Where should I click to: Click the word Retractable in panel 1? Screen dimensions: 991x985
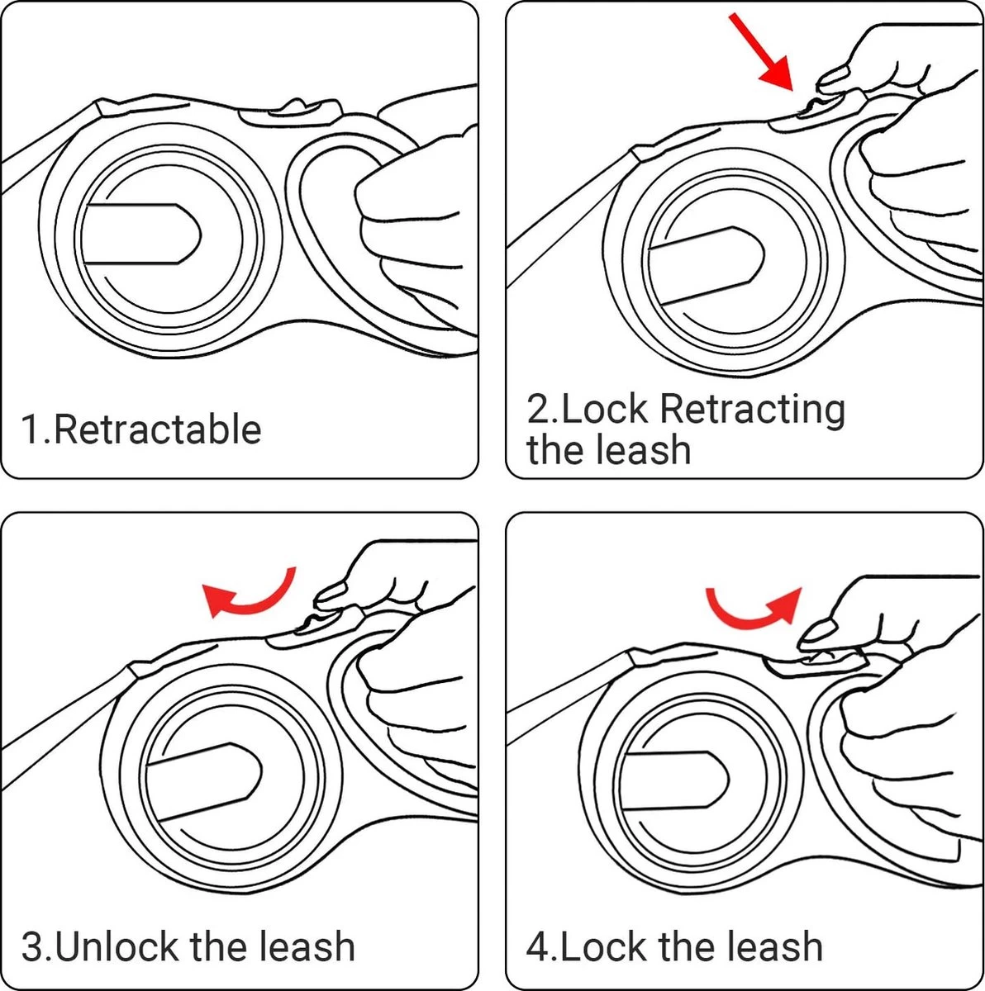click(157, 430)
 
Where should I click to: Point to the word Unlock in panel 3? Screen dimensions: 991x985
click(119, 946)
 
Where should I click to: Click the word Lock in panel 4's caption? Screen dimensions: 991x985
click(602, 946)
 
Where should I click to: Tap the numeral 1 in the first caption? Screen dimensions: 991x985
click(31, 430)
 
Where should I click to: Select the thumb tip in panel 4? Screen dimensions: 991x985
click(816, 633)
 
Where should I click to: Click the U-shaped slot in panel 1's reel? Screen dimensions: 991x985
click(140, 234)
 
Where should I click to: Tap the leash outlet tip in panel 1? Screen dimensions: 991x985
click(107, 107)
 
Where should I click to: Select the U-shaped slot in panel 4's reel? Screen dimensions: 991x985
click(673, 780)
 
